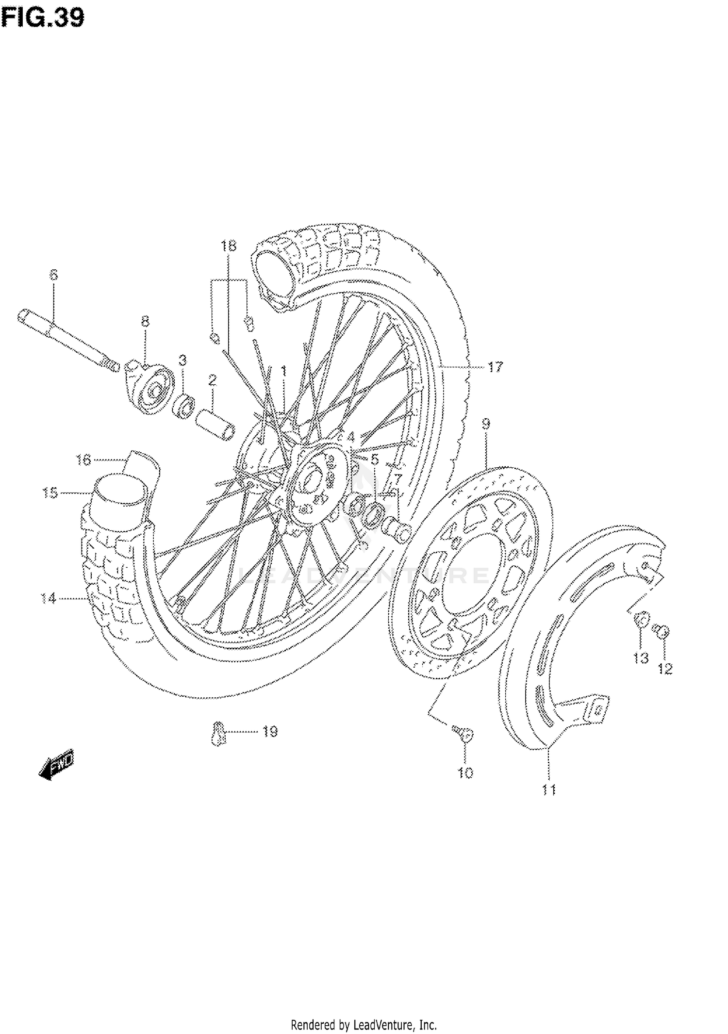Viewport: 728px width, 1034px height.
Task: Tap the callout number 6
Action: (53, 275)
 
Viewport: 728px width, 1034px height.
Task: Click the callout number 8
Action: (145, 321)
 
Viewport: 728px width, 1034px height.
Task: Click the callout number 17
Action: (495, 367)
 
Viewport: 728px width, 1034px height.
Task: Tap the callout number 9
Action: (486, 424)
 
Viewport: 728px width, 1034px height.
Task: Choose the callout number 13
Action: (641, 658)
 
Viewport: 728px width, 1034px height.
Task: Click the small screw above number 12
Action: (663, 631)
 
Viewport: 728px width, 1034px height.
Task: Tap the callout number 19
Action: (270, 731)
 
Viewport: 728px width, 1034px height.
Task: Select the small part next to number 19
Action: (219, 732)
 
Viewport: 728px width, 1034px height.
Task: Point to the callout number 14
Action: (49, 599)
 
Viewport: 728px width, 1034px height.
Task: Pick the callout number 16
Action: (83, 460)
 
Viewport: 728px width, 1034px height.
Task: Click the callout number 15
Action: (50, 493)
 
